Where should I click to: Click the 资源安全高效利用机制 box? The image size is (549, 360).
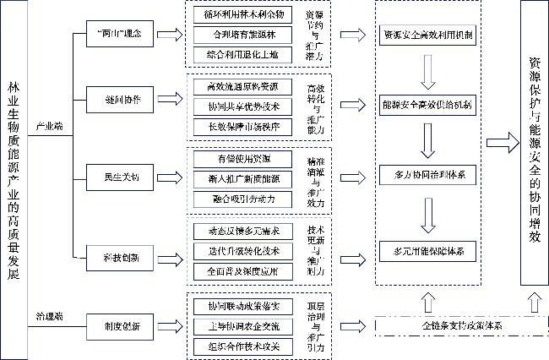(x=427, y=35)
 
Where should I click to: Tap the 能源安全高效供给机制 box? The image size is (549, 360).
(x=427, y=106)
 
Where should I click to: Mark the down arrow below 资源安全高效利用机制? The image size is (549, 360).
(x=427, y=73)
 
